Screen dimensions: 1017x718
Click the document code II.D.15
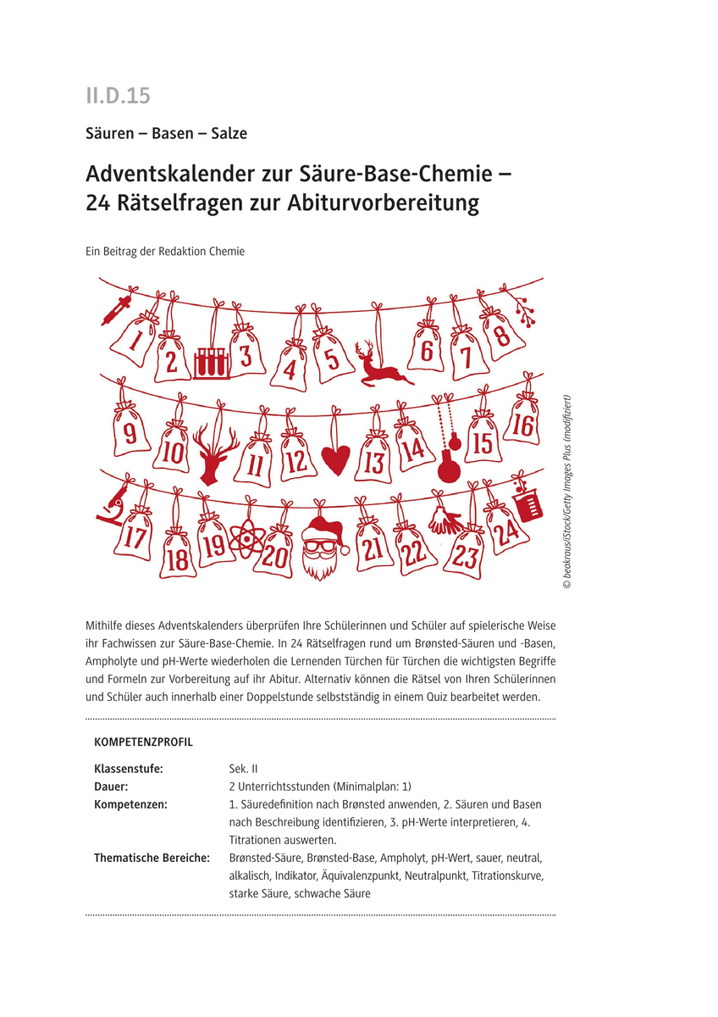click(117, 96)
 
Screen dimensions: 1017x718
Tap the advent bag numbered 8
click(500, 333)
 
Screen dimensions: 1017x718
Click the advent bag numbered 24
click(505, 529)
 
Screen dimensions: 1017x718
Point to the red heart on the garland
click(335, 459)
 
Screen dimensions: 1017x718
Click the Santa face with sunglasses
click(320, 547)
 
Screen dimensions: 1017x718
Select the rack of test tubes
click(211, 363)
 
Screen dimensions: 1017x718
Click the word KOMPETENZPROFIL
click(143, 742)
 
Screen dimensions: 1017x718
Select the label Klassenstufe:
click(128, 769)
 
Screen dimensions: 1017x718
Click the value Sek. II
click(243, 769)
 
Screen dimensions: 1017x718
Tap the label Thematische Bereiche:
click(152, 858)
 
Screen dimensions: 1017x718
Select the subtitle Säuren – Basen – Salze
click(166, 133)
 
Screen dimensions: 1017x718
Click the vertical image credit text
click(566, 492)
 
